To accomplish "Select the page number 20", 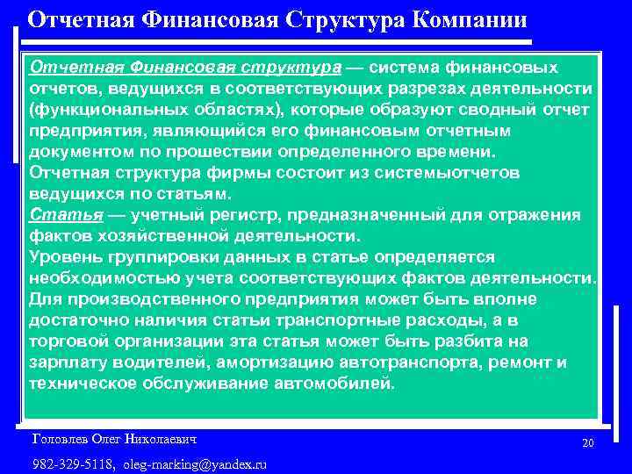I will (x=587, y=443).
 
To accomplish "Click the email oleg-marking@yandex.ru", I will (x=195, y=463).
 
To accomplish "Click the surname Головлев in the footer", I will (x=61, y=437).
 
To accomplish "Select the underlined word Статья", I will (x=54, y=215).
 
